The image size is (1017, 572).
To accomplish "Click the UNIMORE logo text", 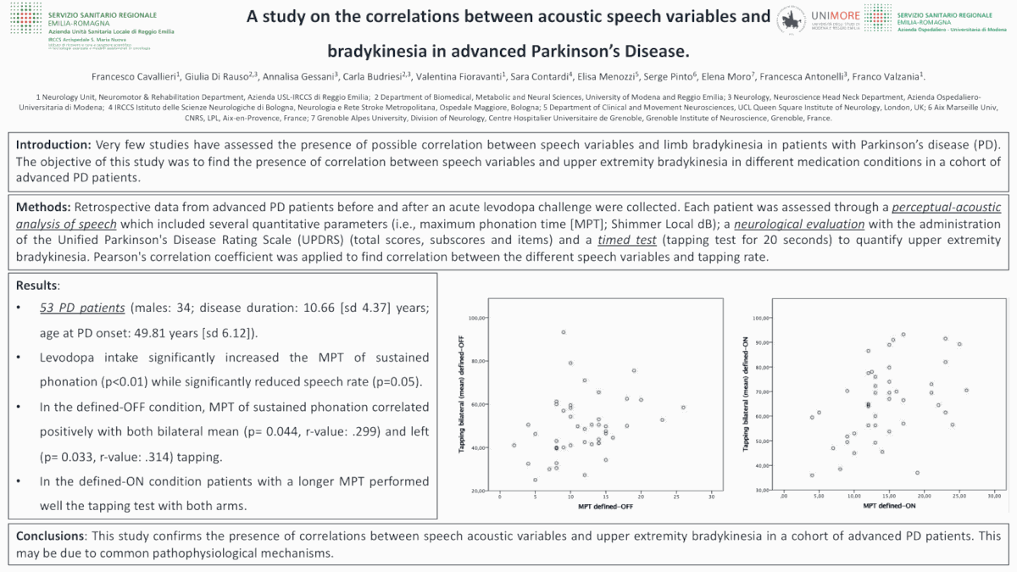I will click(835, 14).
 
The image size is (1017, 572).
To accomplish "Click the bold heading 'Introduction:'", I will click(54, 145).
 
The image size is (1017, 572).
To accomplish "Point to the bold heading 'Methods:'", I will click(44, 207).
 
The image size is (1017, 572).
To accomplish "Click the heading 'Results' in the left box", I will click(37, 286).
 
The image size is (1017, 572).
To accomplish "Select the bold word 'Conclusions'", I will click(50, 536).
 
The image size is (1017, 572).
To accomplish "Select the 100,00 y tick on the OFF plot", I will click(476, 318).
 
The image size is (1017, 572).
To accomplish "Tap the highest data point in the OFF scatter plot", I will click(563, 331).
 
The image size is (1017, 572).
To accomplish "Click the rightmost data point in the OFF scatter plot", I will click(682, 408).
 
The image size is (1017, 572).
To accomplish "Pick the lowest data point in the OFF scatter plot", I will click(535, 480).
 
